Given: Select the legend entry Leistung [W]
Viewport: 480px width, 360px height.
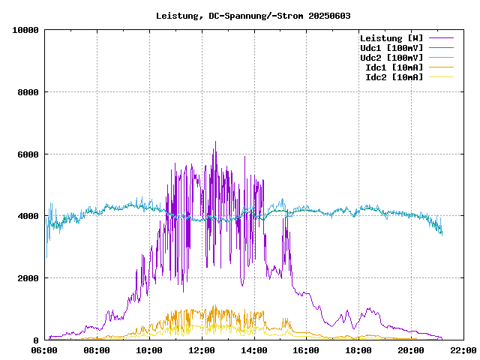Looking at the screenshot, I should (x=391, y=37).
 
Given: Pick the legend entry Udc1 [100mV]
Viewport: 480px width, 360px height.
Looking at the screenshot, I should (x=391, y=47).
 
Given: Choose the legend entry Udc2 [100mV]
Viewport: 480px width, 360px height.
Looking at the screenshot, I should (x=391, y=57).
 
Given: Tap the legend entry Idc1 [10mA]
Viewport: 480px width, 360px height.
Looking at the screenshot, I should (x=394, y=67).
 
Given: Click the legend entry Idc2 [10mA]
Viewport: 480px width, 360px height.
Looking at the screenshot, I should (x=394, y=76).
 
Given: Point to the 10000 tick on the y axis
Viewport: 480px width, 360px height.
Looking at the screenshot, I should (x=25, y=30).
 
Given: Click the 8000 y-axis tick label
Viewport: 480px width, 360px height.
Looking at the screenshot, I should (x=28, y=92).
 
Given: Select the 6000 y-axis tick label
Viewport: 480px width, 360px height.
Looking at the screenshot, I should (x=28, y=154).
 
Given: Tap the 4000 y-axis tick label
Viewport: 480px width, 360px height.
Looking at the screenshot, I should (x=28, y=216).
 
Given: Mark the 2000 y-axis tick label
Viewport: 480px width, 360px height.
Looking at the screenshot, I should (x=28, y=278).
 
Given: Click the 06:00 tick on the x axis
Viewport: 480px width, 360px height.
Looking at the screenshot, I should (x=44, y=350).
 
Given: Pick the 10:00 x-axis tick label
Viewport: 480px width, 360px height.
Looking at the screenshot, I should (x=149, y=350).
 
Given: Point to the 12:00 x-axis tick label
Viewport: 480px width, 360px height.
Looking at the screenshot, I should (x=201, y=350).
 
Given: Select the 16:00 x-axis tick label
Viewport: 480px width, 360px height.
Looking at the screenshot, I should (x=306, y=350).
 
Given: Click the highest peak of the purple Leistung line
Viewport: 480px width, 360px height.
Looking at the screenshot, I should (x=215, y=142).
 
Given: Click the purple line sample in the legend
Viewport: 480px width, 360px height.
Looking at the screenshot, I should (x=441, y=37).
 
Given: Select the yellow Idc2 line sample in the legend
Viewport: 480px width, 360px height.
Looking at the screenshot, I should (x=441, y=76).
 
